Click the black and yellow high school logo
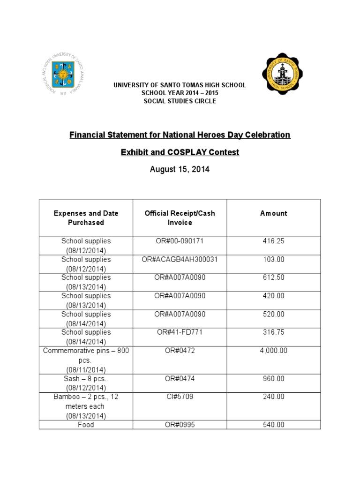(x=282, y=73)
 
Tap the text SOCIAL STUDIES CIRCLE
(x=180, y=101)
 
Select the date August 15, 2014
(x=180, y=170)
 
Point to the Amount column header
(x=274, y=213)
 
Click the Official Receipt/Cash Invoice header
(x=180, y=217)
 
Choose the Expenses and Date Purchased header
(x=86, y=217)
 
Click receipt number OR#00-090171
(x=180, y=241)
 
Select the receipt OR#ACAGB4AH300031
(x=180, y=259)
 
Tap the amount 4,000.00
(x=274, y=351)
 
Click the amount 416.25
(x=274, y=241)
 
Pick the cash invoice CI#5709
(x=180, y=397)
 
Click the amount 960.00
(x=274, y=378)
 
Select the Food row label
(x=86, y=425)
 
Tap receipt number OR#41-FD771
(x=180, y=332)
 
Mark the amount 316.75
(x=274, y=332)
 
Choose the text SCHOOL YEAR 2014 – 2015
(x=180, y=93)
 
